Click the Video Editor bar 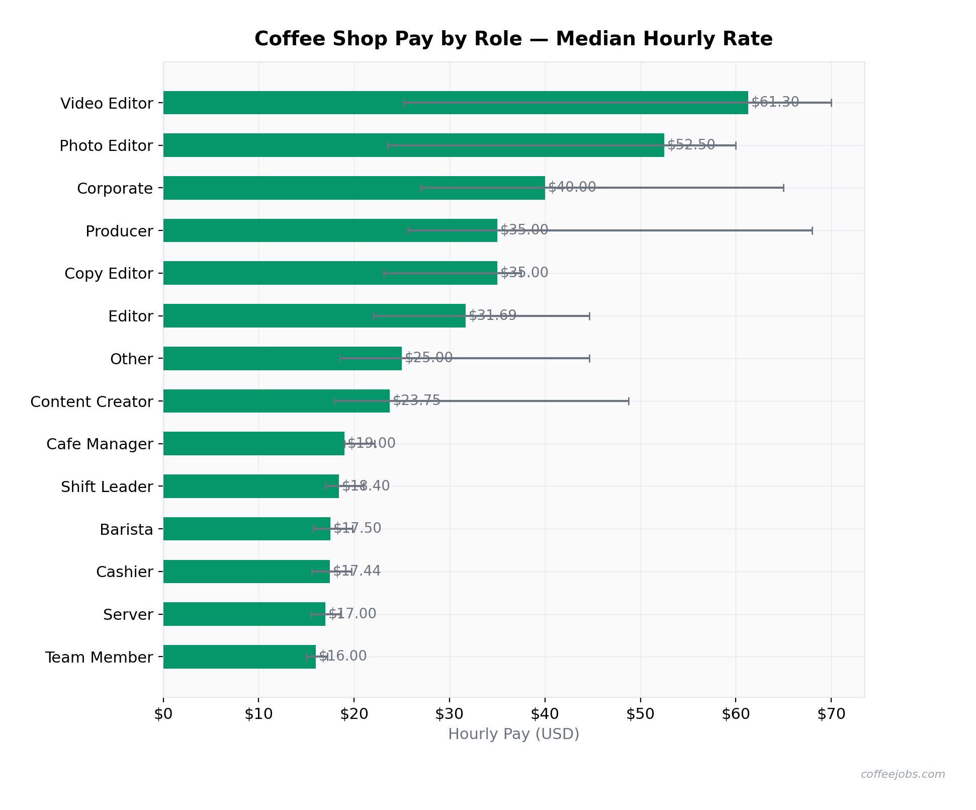pos(455,103)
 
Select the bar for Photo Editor pos(413,145)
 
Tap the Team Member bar pos(239,657)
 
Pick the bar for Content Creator pos(276,401)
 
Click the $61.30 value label pos(775,102)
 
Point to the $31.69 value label pos(492,315)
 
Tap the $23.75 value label pos(416,400)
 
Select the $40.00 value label pos(572,187)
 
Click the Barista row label pos(126,530)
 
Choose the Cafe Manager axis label pos(100,444)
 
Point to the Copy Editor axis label pos(109,274)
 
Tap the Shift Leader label pos(107,487)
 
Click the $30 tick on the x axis pos(450,714)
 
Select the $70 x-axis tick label pos(831,714)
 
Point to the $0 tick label pos(163,714)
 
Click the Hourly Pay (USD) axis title pos(513,734)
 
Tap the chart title pos(513,39)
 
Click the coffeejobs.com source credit pos(903,774)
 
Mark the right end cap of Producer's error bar pos(812,230)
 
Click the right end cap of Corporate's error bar pos(783,188)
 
